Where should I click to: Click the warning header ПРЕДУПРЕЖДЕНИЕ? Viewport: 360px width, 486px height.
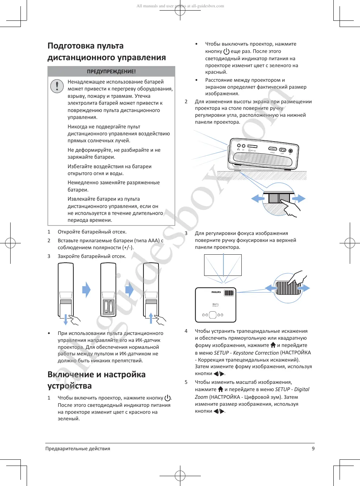[111, 72]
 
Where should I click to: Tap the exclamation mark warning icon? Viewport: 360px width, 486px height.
[57, 86]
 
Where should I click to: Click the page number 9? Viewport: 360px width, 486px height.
[313, 448]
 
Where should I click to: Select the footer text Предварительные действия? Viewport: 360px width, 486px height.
[78, 448]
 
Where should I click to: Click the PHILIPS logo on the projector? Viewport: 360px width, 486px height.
[216, 292]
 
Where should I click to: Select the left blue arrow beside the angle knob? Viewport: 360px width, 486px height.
[258, 198]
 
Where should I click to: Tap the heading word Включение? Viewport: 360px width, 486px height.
[71, 374]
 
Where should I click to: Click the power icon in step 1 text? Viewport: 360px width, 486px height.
[168, 398]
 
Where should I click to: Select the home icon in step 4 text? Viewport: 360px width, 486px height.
[273, 345]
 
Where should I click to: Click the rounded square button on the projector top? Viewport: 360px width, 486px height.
[213, 315]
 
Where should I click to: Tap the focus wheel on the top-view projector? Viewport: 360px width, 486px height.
[229, 293]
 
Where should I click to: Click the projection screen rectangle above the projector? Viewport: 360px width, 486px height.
[223, 265]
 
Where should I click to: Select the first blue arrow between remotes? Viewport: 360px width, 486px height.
[86, 290]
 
